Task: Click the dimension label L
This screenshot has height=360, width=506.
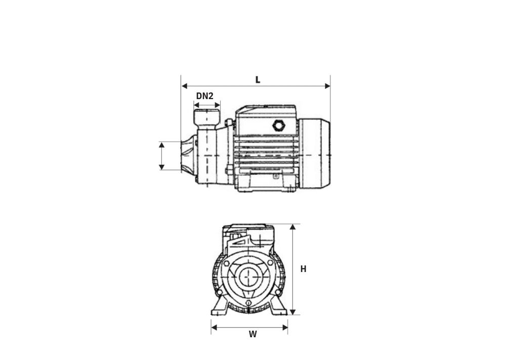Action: pyautogui.click(x=258, y=80)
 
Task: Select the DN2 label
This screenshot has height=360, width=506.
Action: pyautogui.click(x=205, y=96)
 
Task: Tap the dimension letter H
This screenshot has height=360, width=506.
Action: pyautogui.click(x=303, y=269)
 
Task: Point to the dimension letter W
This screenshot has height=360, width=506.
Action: pyautogui.click(x=252, y=334)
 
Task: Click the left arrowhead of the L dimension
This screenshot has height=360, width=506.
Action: pyautogui.click(x=185, y=86)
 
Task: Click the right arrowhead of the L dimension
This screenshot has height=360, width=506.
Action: pyautogui.click(x=327, y=86)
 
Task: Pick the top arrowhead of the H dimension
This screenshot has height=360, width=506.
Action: pyautogui.click(x=292, y=227)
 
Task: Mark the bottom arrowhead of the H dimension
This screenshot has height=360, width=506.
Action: pyautogui.click(x=292, y=312)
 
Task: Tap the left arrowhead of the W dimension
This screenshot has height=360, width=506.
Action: pyautogui.click(x=214, y=328)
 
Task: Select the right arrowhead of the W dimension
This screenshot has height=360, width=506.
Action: pyautogui.click(x=285, y=328)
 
